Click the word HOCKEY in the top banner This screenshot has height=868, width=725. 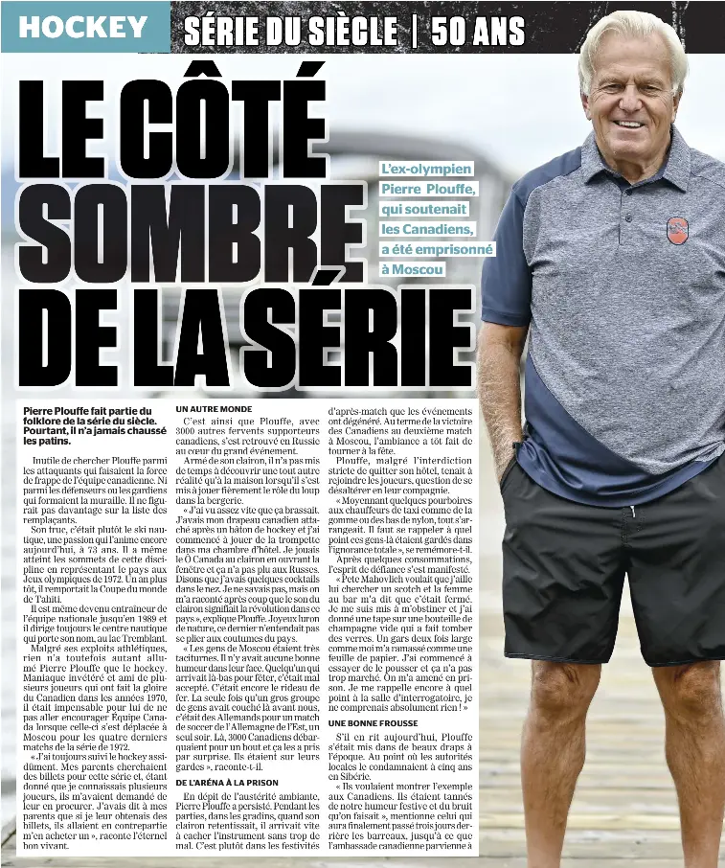pos(84,27)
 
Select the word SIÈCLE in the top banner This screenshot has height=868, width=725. pos(351,31)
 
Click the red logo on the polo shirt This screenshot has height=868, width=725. pos(677,230)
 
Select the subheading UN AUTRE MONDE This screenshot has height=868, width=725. pos(214,409)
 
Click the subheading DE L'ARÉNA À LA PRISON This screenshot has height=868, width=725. pos(228,783)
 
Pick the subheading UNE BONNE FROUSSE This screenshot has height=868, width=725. pos(374,722)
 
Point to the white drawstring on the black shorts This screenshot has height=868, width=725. pos(633,510)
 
